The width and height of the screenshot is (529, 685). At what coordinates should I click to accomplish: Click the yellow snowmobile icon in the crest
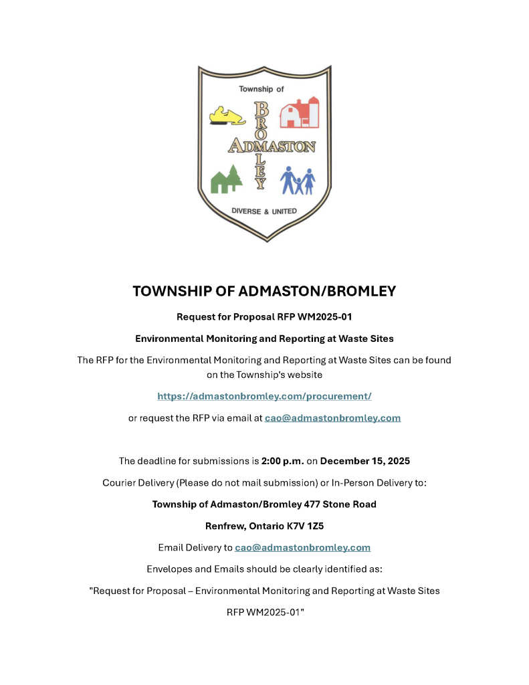(227, 116)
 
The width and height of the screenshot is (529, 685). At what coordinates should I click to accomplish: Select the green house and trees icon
(226, 179)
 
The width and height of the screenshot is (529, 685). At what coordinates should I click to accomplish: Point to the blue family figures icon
(298, 180)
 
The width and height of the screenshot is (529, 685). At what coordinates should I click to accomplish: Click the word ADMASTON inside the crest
(272, 145)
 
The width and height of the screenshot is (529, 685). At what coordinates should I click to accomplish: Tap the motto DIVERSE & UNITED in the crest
(263, 211)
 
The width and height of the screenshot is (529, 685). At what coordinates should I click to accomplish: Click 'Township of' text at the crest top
(261, 89)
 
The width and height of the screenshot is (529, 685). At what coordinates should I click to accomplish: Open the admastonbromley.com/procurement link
(264, 396)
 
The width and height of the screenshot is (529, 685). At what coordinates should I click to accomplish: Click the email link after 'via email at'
(332, 418)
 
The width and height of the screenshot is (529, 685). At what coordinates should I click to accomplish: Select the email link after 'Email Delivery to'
(302, 547)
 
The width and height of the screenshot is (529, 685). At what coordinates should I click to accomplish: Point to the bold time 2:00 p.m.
(283, 461)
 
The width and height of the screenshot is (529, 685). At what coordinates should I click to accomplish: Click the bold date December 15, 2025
(364, 461)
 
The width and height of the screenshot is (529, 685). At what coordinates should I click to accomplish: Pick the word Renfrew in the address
(223, 526)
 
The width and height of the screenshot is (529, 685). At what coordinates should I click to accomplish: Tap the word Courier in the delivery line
(119, 482)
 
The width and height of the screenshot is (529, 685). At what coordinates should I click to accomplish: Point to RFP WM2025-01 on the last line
(265, 612)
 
